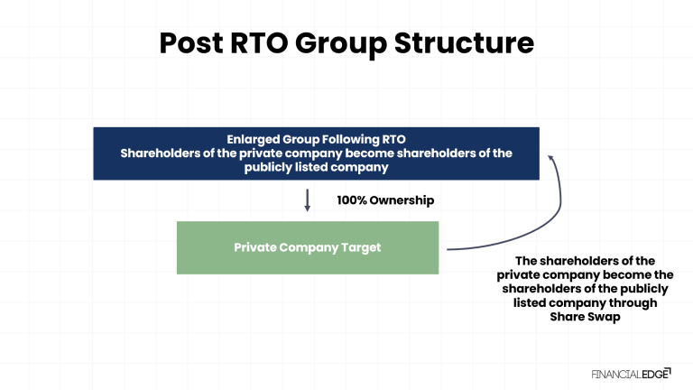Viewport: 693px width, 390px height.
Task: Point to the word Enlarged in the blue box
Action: [255, 139]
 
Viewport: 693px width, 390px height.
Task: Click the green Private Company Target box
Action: [307, 247]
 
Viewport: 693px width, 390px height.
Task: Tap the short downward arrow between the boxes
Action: [307, 200]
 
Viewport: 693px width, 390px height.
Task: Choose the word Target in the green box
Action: [360, 247]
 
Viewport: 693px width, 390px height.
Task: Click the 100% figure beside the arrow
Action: [353, 200]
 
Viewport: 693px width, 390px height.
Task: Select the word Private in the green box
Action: [256, 247]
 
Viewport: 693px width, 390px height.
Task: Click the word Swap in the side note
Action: [606, 317]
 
